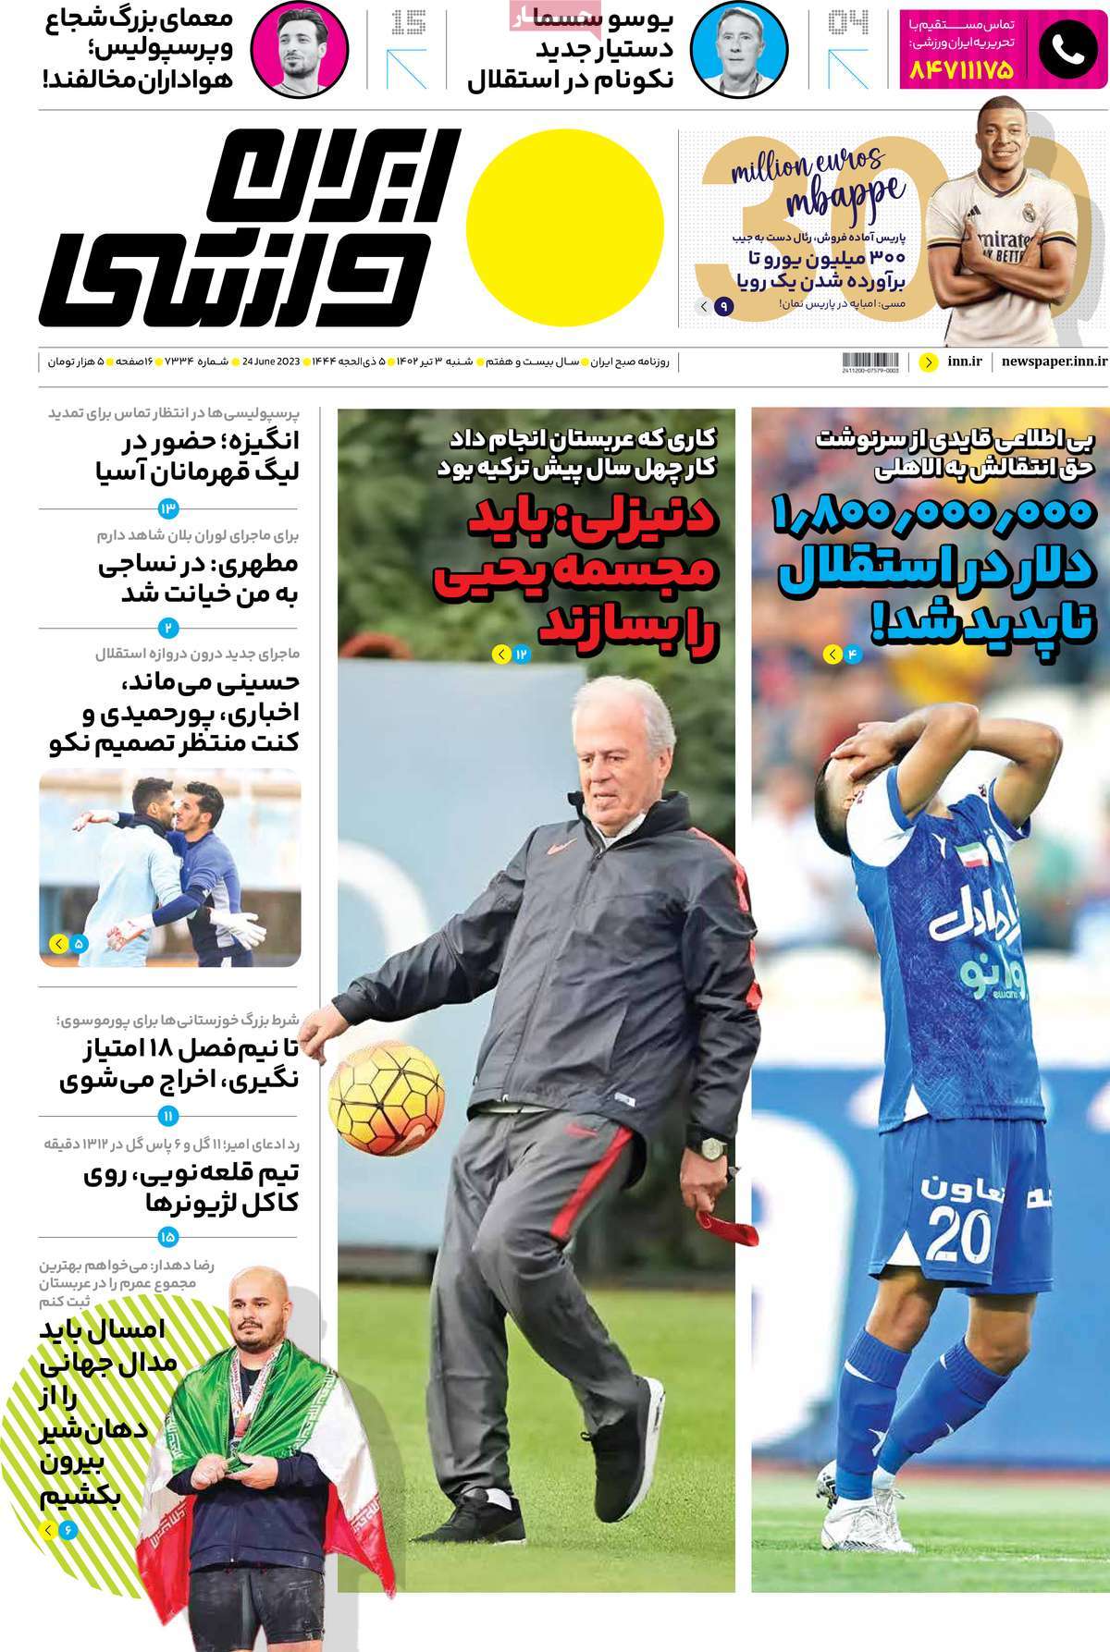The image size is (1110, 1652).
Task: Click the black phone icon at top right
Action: pyautogui.click(x=1067, y=50)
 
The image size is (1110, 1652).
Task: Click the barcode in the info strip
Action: pyautogui.click(x=871, y=362)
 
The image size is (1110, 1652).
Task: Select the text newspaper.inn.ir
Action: pyautogui.click(x=1054, y=361)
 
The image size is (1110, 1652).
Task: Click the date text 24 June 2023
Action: pyautogui.click(x=271, y=361)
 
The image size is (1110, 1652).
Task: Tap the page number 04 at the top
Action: pyautogui.click(x=847, y=22)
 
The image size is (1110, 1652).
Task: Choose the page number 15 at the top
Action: pyautogui.click(x=408, y=22)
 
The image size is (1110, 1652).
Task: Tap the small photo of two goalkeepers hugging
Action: pyautogui.click(x=169, y=866)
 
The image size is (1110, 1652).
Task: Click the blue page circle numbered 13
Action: pyautogui.click(x=168, y=508)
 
